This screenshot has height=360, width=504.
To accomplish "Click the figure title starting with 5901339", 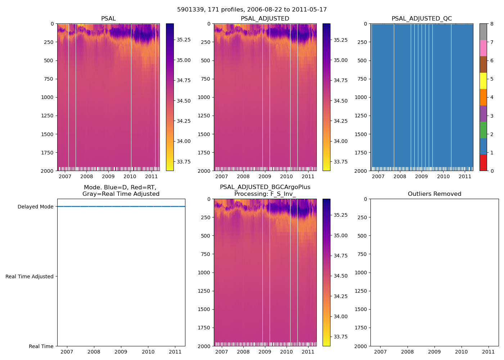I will (252, 10).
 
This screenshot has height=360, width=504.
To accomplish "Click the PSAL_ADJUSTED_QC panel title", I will (422, 19).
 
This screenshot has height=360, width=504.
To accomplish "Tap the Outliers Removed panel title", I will (434, 194).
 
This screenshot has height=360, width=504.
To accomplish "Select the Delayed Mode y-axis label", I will (35, 207).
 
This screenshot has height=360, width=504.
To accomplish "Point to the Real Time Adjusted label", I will (30, 276).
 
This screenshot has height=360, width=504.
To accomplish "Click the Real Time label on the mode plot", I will (41, 346).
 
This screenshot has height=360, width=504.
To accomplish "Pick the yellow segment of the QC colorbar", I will (483, 81).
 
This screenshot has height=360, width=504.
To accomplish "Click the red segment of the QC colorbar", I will (483, 163).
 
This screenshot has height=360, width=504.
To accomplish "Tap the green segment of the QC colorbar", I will (483, 130).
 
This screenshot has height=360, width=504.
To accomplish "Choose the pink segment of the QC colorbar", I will (483, 48).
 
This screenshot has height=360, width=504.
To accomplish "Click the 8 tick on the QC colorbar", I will (492, 24).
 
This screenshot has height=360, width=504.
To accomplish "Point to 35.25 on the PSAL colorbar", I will (184, 40).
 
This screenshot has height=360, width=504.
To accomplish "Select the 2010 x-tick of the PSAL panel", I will (130, 176).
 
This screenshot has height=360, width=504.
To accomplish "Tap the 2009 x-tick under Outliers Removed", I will (434, 352).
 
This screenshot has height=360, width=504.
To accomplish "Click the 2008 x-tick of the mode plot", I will (94, 352).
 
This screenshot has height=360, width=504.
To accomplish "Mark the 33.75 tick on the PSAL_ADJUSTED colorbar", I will (341, 162).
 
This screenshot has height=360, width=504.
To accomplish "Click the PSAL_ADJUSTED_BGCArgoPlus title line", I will (265, 187).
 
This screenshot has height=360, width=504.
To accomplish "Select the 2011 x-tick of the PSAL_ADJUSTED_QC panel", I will (465, 176).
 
